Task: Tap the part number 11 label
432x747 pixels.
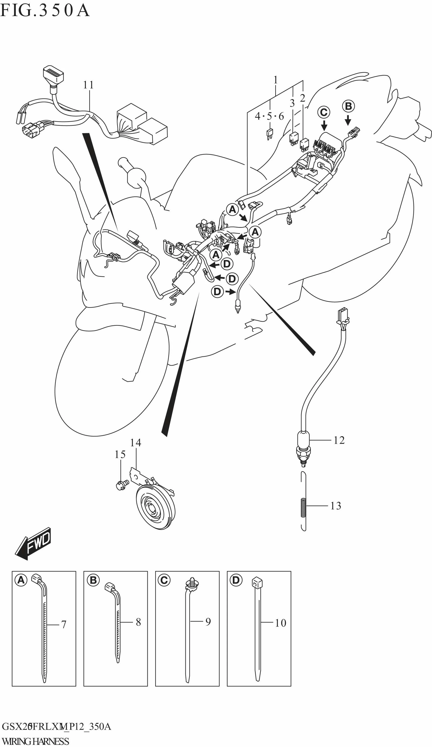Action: (88, 85)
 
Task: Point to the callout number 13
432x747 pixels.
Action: (336, 506)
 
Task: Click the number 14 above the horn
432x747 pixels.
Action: (135, 443)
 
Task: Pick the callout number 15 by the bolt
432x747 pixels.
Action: (120, 454)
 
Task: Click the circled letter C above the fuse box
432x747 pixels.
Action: (324, 112)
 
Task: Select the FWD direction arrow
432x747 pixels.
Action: (33, 544)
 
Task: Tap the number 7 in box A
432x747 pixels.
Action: (64, 625)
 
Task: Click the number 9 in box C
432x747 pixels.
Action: (208, 622)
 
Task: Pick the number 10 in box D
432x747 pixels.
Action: (280, 623)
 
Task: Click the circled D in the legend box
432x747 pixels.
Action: (236, 580)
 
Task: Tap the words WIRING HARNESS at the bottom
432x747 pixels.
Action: (35, 741)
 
